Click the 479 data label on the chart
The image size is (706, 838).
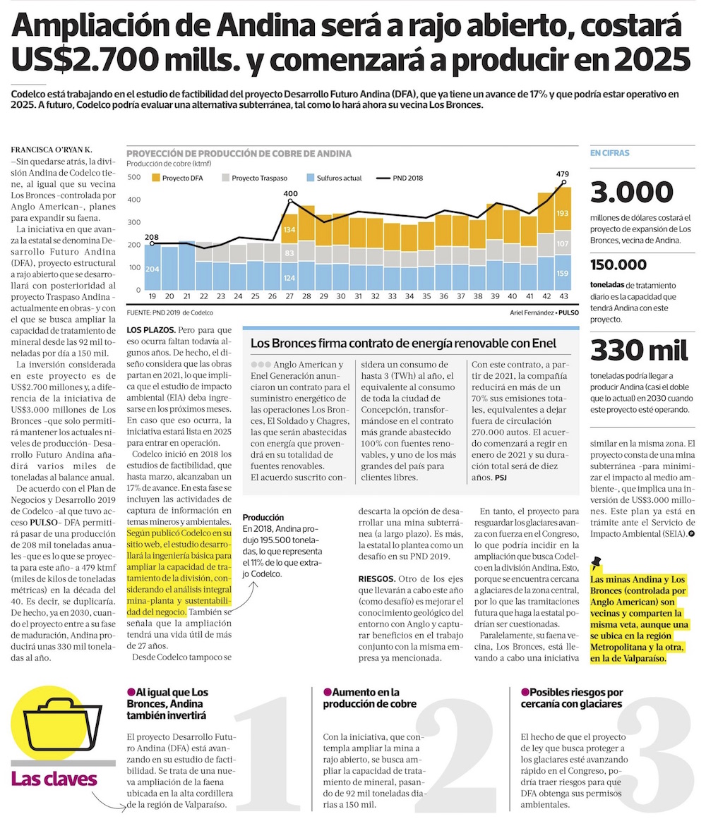[x=563, y=174]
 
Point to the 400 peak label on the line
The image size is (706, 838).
[x=290, y=193]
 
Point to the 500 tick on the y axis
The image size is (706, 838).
[x=133, y=177]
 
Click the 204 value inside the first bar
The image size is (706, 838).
[x=152, y=268]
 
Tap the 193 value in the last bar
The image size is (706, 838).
[x=563, y=213]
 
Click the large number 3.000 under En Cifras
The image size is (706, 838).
[x=631, y=193]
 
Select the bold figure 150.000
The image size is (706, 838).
[x=618, y=265]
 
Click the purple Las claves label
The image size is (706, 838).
[x=54, y=779]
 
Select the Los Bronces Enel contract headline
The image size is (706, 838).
[x=403, y=344]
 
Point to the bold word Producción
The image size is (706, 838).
[x=263, y=517]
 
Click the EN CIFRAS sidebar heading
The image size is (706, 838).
[x=609, y=152]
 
